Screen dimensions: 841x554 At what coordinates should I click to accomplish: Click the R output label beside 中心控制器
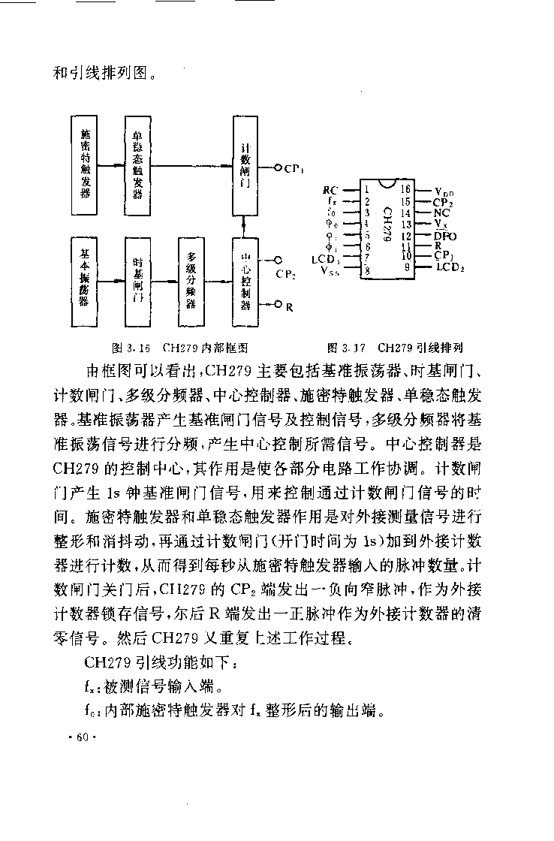tap(289, 306)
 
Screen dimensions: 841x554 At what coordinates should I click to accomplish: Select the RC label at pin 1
tap(330, 190)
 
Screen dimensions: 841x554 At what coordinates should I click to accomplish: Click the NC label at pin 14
tap(441, 213)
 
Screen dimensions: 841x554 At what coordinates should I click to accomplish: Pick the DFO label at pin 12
tap(445, 235)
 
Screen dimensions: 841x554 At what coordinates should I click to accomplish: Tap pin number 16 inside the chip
tap(406, 190)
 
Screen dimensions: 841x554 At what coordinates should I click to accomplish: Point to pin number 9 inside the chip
tap(408, 267)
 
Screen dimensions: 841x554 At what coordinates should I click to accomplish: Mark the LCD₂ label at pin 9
tap(450, 267)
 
